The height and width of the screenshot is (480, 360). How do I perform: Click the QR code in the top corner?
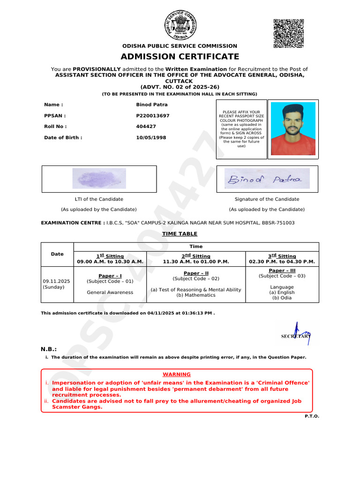(x=288, y=33)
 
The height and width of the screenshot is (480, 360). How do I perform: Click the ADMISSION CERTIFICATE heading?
(x=180, y=57)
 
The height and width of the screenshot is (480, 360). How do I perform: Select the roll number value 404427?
(x=146, y=127)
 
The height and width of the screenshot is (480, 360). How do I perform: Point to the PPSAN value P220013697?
(x=153, y=115)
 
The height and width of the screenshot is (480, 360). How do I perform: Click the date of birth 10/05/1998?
(x=151, y=138)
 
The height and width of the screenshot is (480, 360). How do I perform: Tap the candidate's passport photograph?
(x=293, y=128)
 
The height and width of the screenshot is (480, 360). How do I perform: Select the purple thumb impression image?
(x=99, y=179)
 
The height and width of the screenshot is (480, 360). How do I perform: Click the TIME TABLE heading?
(x=180, y=234)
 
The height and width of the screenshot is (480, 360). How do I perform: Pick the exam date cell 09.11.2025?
(x=56, y=281)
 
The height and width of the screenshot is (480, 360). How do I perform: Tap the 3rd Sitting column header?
(x=282, y=256)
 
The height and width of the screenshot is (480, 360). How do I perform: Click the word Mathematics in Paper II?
(x=195, y=295)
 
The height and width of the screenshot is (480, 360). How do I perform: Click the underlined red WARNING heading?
(x=177, y=375)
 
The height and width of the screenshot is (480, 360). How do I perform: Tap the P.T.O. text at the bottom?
(x=312, y=416)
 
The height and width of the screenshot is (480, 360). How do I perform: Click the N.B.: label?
(x=49, y=349)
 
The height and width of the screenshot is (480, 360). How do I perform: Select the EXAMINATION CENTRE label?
(x=73, y=223)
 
